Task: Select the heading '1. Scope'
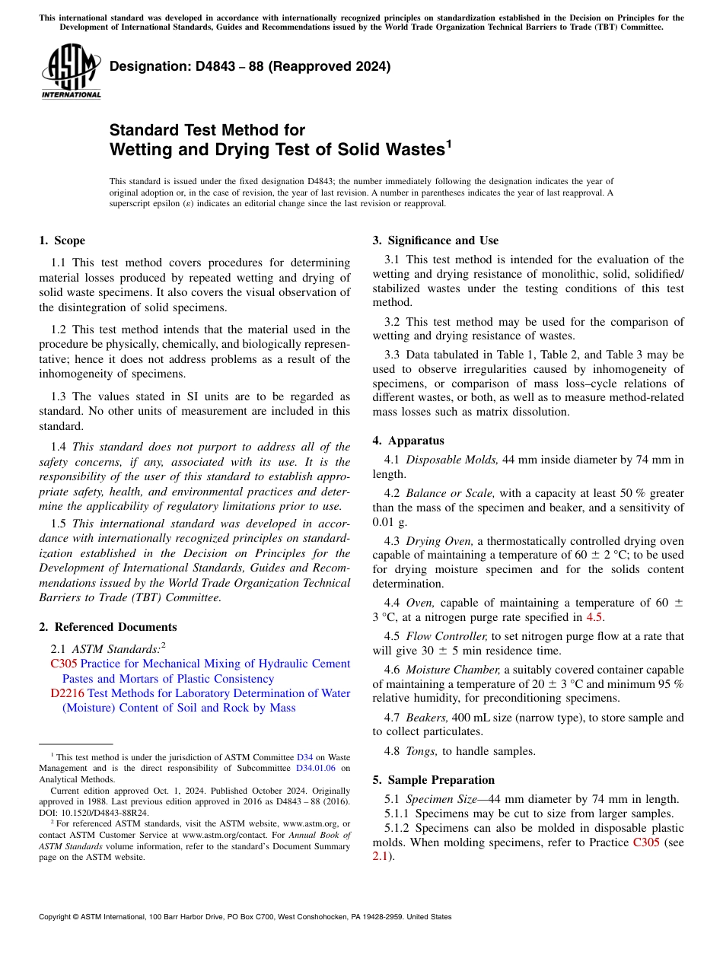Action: [62, 240]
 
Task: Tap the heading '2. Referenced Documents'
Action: [107, 627]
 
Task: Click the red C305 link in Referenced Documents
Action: [63, 664]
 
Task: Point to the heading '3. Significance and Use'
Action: [435, 240]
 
